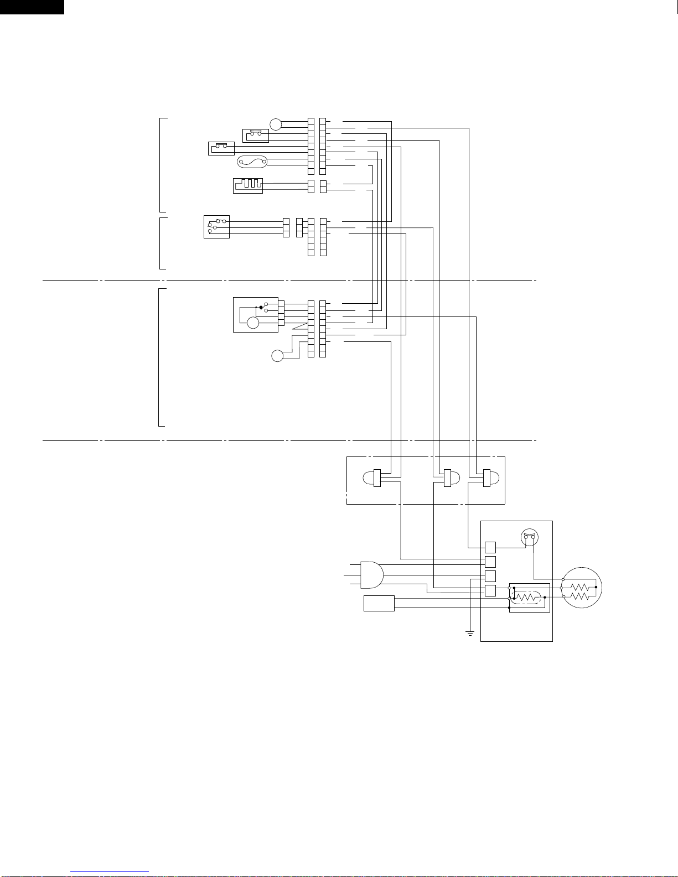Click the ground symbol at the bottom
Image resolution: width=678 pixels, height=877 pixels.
tap(469, 632)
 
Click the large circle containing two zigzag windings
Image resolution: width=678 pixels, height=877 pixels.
tap(582, 588)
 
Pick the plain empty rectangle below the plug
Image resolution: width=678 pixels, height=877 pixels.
tap(379, 603)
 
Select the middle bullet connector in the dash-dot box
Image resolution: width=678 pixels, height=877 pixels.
tap(447, 478)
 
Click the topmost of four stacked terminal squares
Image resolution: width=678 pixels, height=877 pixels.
tap(490, 547)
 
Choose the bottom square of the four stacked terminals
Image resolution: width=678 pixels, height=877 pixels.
tap(490, 590)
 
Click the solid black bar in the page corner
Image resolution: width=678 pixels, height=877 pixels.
tap(32, 7)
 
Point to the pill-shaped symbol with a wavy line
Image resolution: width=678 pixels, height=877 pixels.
tap(252, 162)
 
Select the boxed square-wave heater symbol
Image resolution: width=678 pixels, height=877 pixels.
tap(248, 185)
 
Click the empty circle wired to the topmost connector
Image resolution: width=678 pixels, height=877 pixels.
tap(276, 124)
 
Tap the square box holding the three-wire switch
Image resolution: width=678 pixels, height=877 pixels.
tap(216, 226)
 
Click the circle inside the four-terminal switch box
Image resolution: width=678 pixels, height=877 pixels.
tap(253, 323)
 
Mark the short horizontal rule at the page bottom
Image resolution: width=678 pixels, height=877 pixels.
tap(110, 872)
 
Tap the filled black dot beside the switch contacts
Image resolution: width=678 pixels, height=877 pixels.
tap(261, 307)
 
